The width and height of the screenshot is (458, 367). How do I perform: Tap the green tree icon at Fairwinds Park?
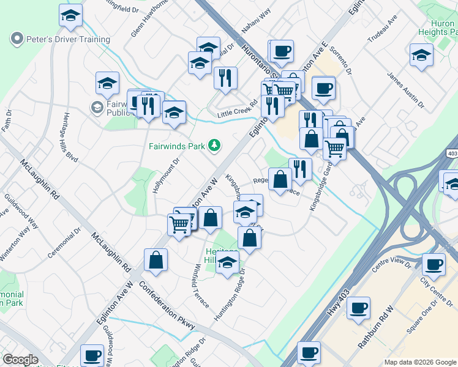point(214,145)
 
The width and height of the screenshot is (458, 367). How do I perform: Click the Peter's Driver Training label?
point(67,39)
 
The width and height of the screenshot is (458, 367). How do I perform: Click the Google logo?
point(20,360)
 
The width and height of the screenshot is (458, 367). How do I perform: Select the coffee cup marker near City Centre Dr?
point(434,265)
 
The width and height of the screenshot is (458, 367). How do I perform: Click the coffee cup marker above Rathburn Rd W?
point(358,308)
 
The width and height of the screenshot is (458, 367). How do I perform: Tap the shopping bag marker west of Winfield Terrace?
point(156,259)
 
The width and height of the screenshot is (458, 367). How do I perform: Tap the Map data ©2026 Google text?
point(420,362)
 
